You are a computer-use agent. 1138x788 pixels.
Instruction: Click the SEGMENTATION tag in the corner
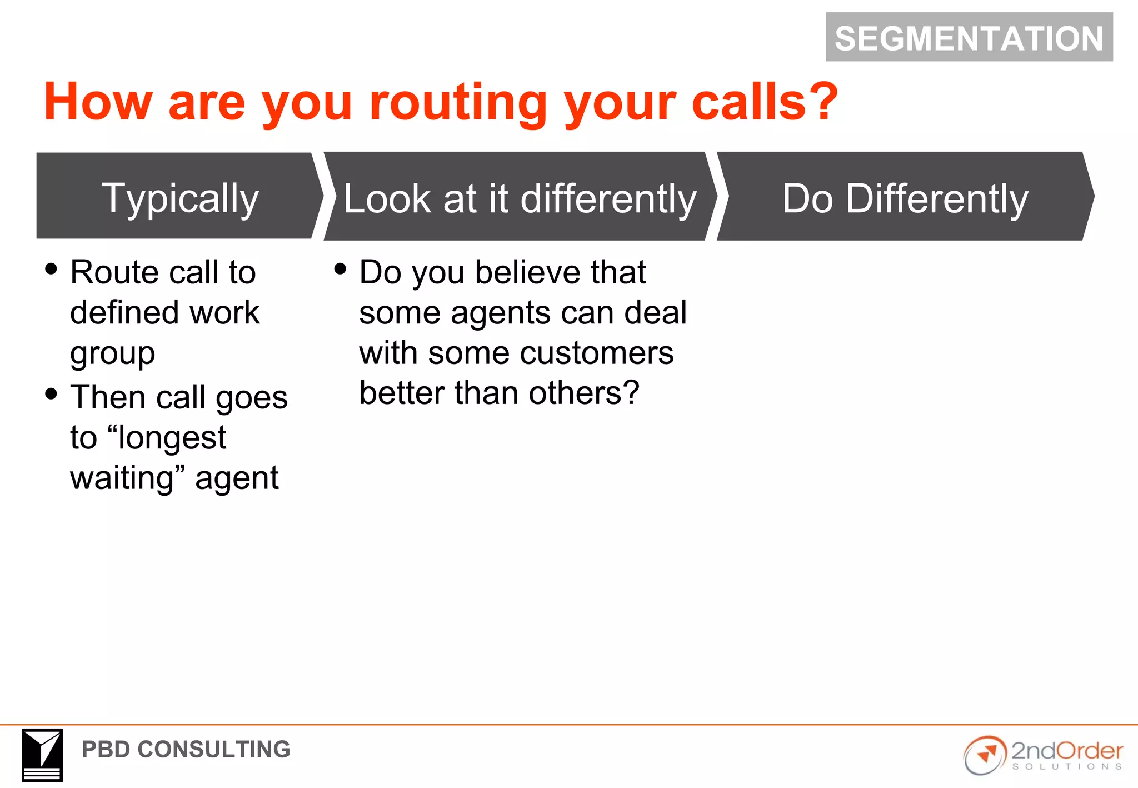(x=969, y=38)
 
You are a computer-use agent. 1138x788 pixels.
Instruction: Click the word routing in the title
(x=458, y=102)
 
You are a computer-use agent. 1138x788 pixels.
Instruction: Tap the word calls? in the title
(x=765, y=102)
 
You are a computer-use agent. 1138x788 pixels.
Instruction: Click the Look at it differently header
(x=520, y=198)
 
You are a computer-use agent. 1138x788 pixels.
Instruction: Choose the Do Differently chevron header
(x=905, y=198)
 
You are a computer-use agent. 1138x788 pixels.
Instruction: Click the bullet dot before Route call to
(x=51, y=269)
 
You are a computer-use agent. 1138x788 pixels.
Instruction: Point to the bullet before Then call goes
(x=51, y=394)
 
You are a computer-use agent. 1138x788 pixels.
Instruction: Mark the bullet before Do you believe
(x=340, y=269)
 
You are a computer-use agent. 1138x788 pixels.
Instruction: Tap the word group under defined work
(x=112, y=354)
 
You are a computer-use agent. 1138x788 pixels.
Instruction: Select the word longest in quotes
(x=172, y=437)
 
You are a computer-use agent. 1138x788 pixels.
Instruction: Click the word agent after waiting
(x=237, y=478)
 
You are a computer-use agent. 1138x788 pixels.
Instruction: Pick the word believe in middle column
(x=527, y=272)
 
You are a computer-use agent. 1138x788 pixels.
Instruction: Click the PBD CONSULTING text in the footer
(x=186, y=749)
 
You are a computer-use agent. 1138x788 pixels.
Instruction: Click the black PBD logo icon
(x=42, y=755)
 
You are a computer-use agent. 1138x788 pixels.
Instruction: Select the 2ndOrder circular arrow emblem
(x=985, y=755)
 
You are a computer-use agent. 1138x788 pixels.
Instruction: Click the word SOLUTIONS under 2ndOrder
(x=1066, y=767)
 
